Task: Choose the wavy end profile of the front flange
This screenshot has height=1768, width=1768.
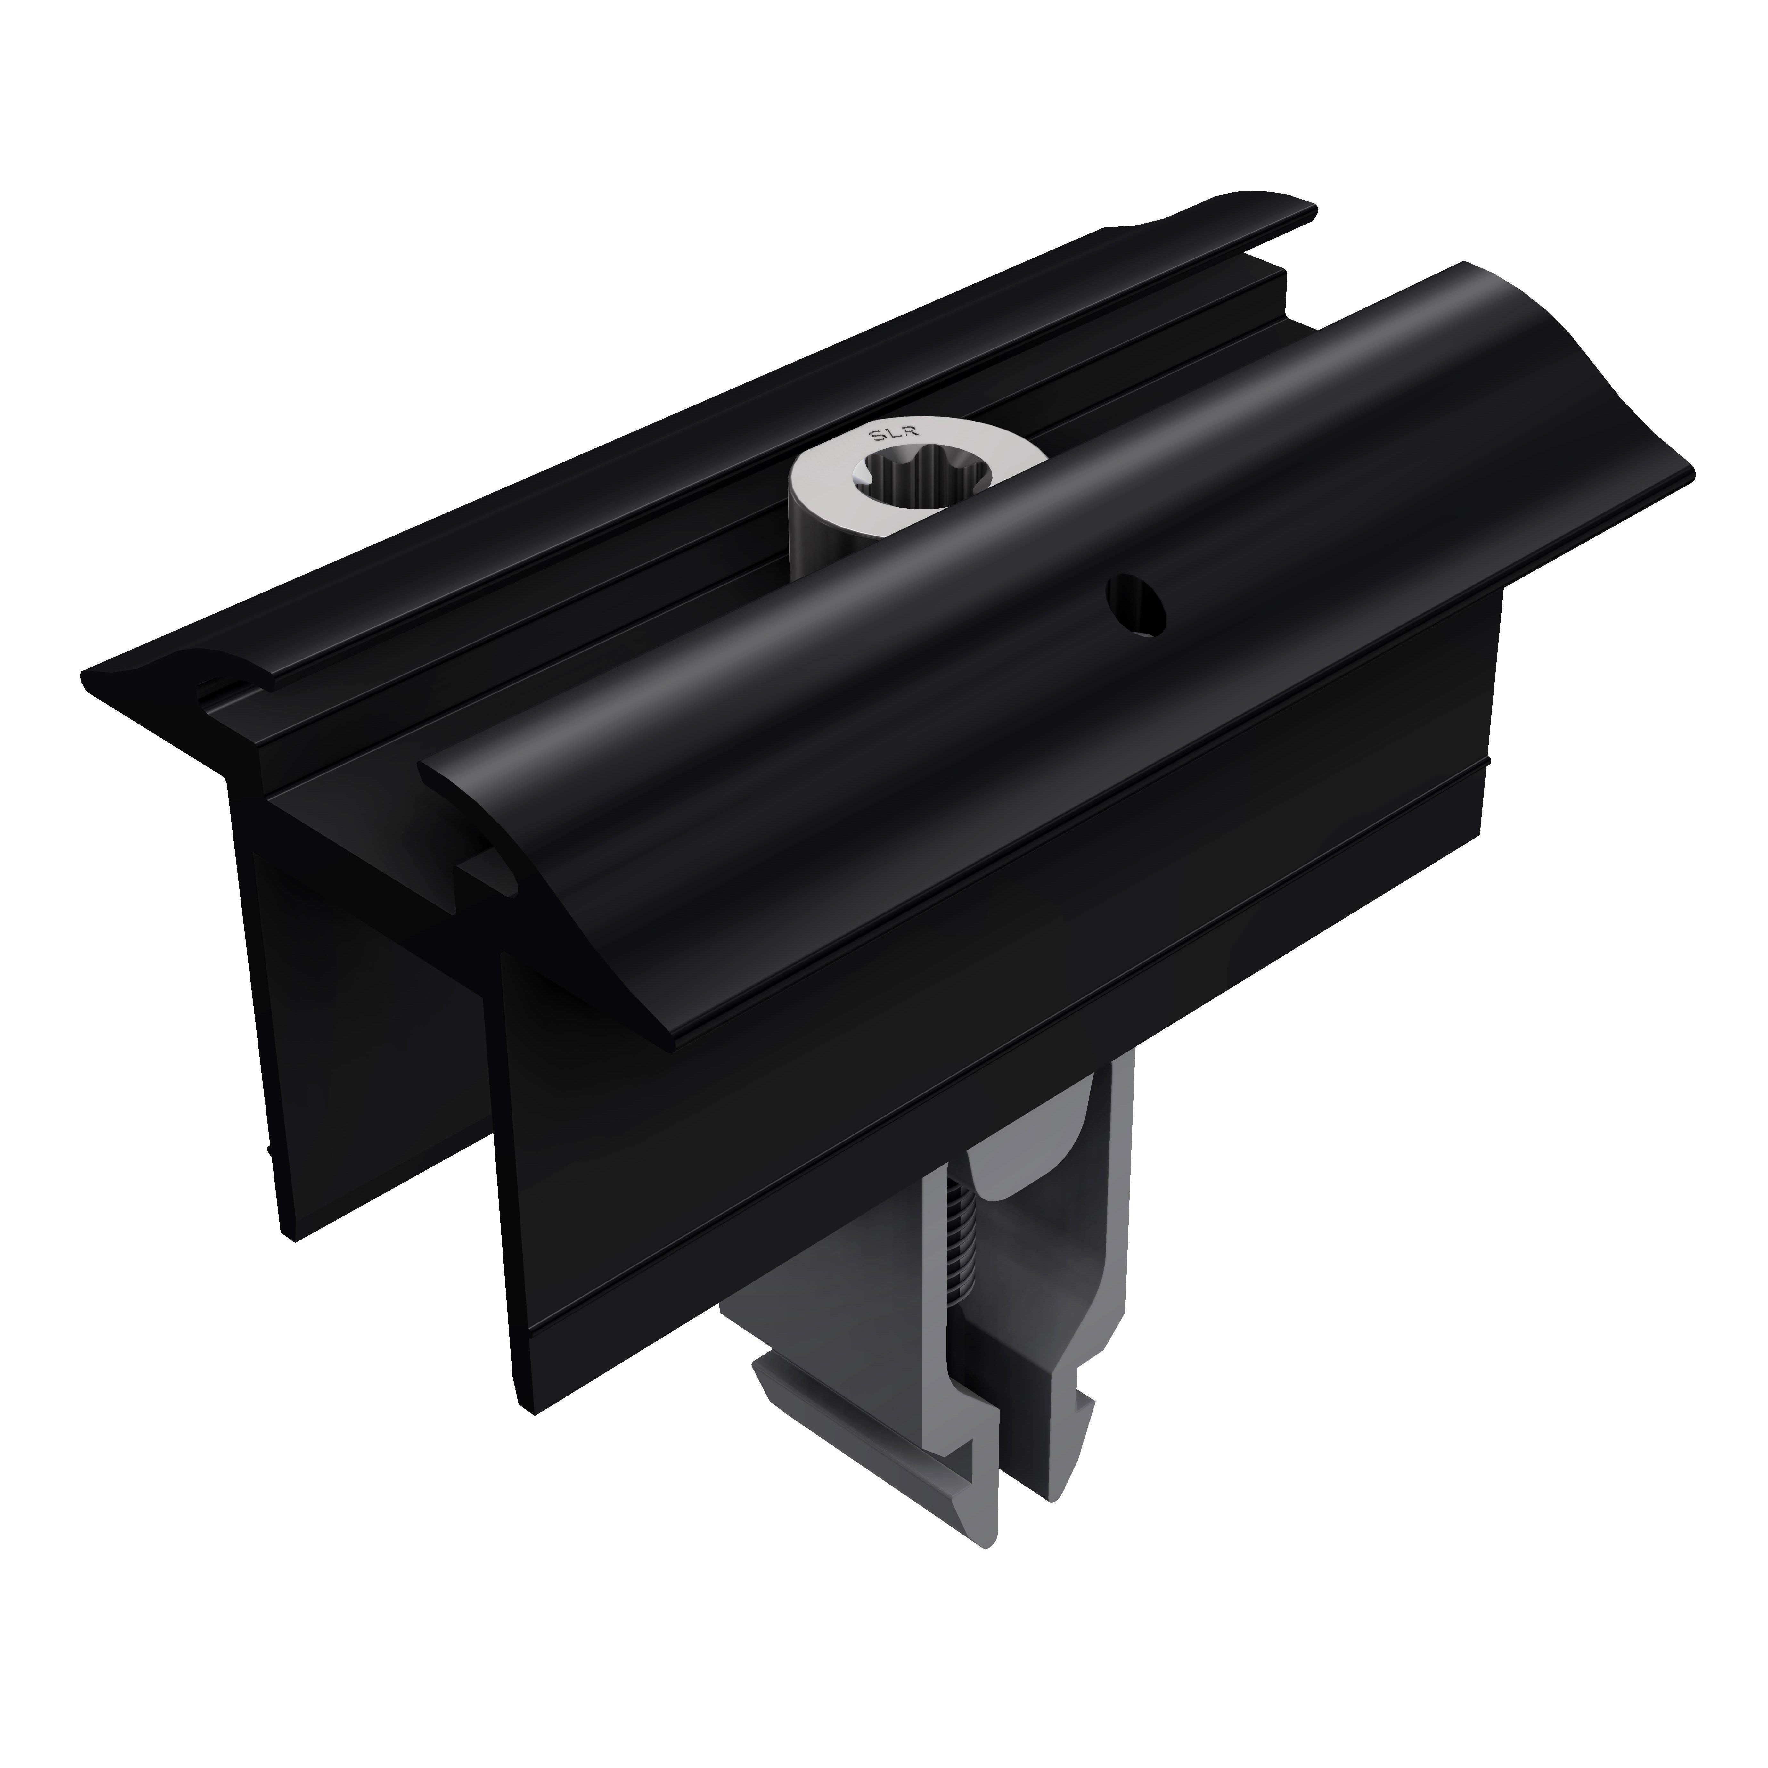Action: click(x=1611, y=384)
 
